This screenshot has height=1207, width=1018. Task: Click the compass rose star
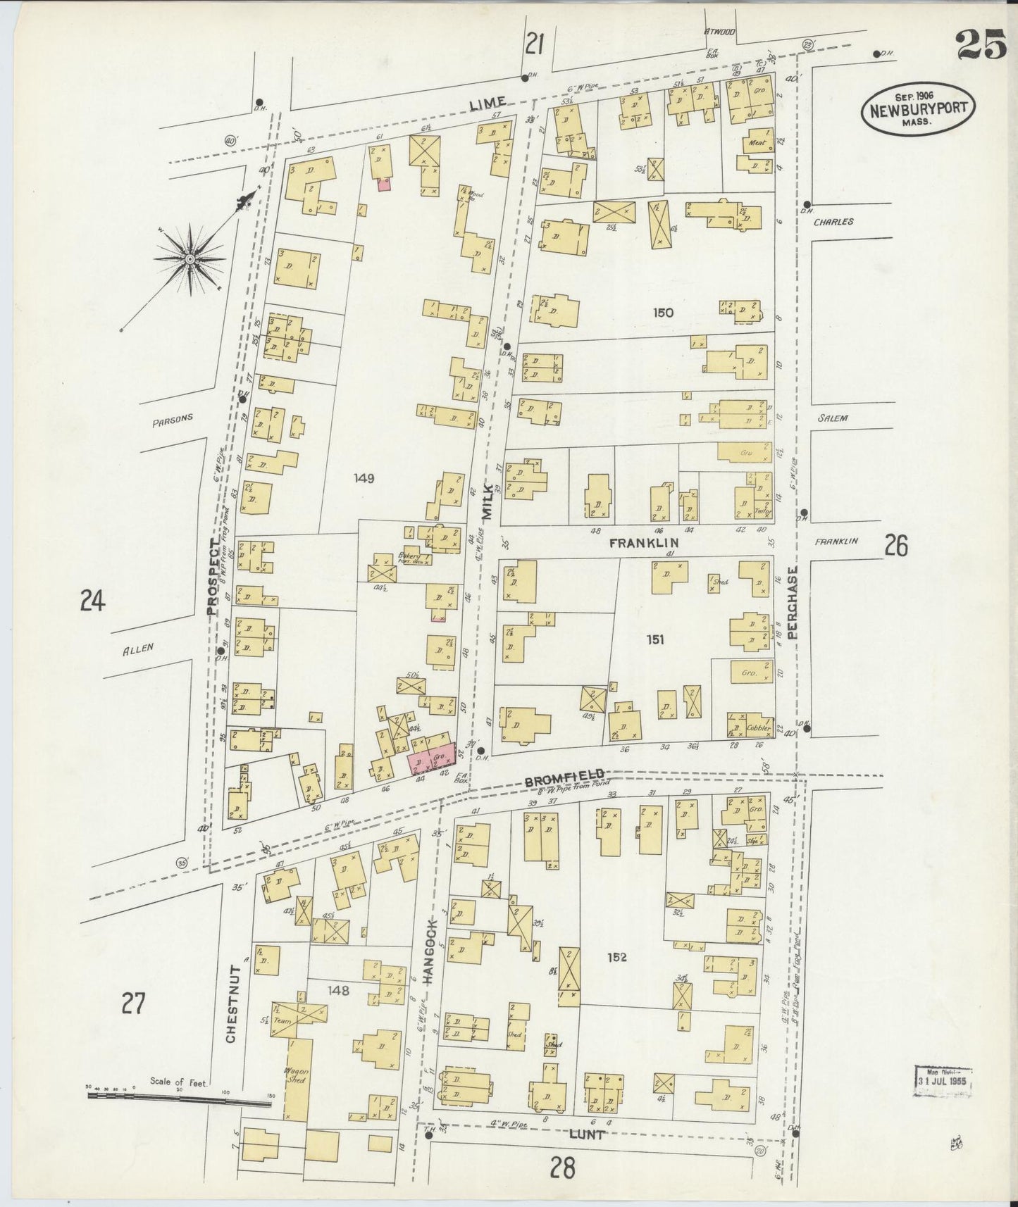[190, 258]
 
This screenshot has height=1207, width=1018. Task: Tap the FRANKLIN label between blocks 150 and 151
[643, 543]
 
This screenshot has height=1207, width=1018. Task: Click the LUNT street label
[588, 1134]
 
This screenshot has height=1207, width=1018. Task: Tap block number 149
[364, 478]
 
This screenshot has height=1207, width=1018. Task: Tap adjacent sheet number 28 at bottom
[564, 1168]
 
